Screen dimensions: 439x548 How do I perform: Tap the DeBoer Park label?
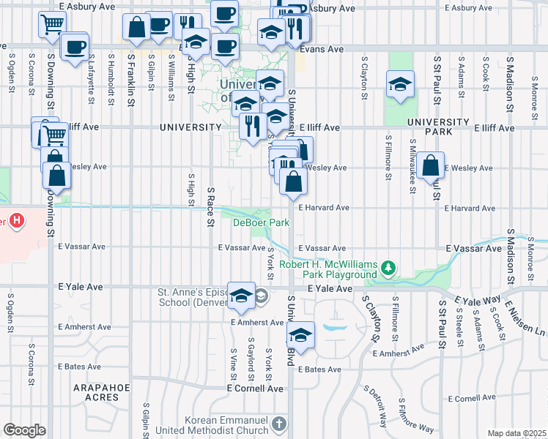(x=262, y=222)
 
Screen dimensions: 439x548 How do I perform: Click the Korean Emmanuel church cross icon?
(x=278, y=424)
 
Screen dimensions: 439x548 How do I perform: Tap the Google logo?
(x=24, y=430)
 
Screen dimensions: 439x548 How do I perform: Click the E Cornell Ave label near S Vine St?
(x=254, y=389)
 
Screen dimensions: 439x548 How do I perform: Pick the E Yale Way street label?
(x=477, y=300)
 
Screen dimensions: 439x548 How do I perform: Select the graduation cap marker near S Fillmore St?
(x=400, y=85)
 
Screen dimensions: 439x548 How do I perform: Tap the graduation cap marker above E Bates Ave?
(x=300, y=335)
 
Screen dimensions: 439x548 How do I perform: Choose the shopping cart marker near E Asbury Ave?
(x=51, y=26)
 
